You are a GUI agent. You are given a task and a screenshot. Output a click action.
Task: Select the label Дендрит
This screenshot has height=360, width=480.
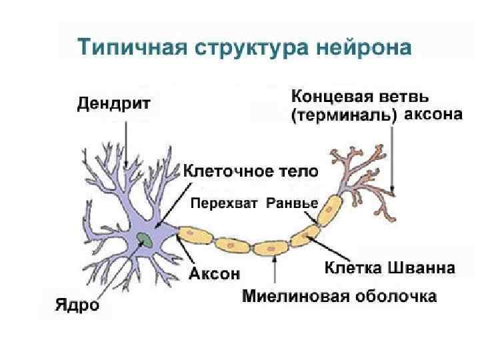(114, 103)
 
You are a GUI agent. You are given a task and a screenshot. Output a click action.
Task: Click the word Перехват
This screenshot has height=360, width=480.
(225, 203)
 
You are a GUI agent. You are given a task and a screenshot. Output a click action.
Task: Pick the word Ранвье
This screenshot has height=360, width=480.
(292, 203)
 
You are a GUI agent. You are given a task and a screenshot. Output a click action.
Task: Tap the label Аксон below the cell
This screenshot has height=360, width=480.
(214, 273)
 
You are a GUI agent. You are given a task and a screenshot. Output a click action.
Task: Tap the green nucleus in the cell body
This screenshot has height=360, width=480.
(143, 239)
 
